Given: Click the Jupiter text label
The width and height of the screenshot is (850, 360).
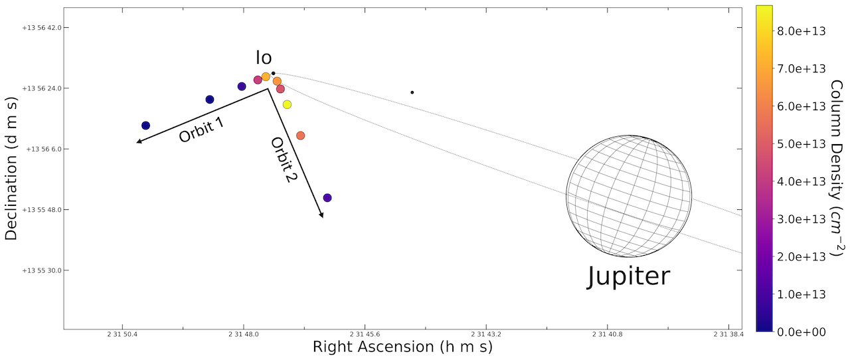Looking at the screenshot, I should pos(628,276).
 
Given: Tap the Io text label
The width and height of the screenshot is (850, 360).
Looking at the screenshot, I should pos(264,58).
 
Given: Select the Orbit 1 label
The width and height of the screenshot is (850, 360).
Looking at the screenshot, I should pos(201,130).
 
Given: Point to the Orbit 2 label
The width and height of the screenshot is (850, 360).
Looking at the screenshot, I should pos(282,159).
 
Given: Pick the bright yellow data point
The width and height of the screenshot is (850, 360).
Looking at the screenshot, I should pos(287,104).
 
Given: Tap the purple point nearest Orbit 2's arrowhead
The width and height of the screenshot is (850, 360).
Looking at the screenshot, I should pos(327,198).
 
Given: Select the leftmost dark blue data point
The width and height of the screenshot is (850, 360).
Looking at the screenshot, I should pos(145,126).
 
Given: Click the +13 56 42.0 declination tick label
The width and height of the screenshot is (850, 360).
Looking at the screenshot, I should pos(41,28).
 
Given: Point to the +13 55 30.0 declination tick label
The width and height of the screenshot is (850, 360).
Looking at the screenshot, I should pos(41,270).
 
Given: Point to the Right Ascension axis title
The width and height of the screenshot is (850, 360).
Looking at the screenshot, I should pos(402,347).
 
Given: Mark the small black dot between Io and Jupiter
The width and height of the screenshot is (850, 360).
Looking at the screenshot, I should pos(412,92).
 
